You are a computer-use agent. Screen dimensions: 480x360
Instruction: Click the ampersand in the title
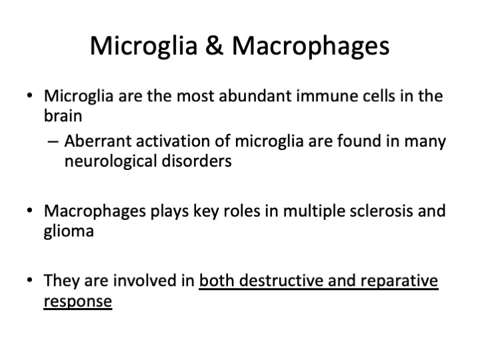coord(214,45)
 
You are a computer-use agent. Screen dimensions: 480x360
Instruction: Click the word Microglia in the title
coord(143,46)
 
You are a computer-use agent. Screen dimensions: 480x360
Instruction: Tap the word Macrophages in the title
coord(311,46)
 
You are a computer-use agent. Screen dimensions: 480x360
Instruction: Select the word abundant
coord(255,96)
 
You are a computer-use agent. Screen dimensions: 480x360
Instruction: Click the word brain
coord(63,116)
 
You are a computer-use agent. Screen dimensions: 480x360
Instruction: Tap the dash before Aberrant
coord(53,142)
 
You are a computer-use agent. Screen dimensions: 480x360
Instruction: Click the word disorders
coord(197,161)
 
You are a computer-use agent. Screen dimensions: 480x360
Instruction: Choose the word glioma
coord(69,231)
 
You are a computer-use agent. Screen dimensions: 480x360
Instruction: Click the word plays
coord(169,211)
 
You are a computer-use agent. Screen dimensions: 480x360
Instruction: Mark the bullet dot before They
coord(29,280)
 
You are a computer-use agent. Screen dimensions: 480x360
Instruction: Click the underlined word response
coord(78,301)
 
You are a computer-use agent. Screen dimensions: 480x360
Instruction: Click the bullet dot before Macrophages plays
coord(29,210)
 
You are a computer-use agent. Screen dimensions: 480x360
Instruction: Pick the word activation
coord(173,141)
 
